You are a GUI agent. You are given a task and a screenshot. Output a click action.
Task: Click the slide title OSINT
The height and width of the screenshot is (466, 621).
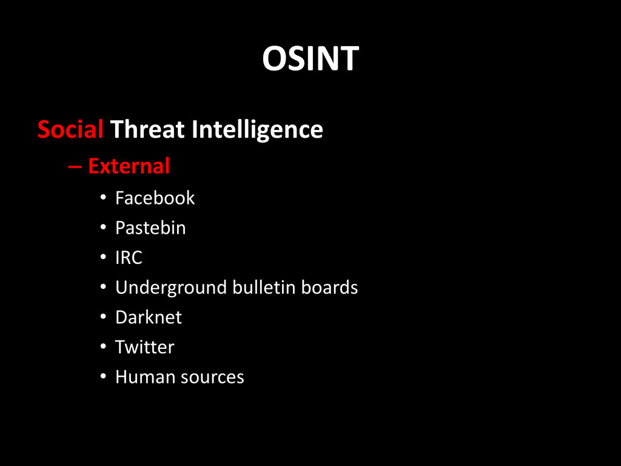[x=310, y=58]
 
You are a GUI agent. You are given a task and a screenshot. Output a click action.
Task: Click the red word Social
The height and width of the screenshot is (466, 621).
[x=70, y=129]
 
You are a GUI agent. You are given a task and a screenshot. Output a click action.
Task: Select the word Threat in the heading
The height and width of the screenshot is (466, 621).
[x=147, y=129]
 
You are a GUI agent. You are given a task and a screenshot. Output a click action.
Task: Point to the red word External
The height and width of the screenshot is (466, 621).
[x=129, y=166]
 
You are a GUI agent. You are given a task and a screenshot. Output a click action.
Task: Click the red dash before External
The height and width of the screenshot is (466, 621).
[x=75, y=167]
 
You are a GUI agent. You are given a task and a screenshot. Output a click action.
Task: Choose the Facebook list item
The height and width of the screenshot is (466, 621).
[x=155, y=198]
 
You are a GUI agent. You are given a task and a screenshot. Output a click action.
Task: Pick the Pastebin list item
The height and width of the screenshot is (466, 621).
[x=150, y=228]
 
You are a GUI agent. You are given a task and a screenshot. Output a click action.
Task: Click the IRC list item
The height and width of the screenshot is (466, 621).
[x=129, y=257]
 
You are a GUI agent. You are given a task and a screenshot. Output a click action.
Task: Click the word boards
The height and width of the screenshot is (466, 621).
[x=329, y=287]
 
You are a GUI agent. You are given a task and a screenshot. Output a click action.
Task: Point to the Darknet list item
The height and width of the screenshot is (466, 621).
[x=149, y=317]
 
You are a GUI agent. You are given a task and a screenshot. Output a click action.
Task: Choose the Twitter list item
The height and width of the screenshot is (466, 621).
[x=144, y=347]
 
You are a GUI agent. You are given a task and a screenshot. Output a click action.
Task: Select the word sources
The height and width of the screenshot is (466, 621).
[x=212, y=377]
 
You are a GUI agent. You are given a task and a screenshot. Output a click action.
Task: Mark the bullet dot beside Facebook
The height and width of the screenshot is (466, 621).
[x=103, y=197]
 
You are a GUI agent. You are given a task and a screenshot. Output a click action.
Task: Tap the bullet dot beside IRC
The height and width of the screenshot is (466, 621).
[x=103, y=257]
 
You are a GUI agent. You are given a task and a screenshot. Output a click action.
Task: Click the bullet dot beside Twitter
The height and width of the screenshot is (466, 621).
[x=103, y=346]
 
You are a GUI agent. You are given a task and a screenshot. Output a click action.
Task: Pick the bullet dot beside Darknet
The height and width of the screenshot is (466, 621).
[x=103, y=317]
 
